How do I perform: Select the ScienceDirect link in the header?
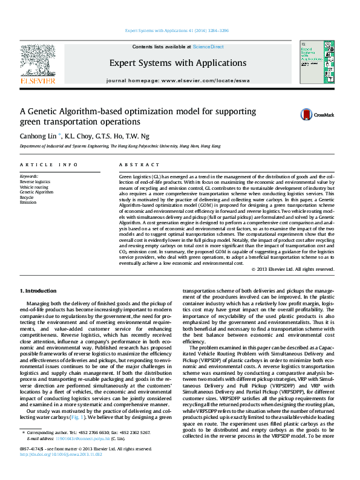point(208,47)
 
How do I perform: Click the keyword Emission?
point(28,202)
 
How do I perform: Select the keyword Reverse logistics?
point(35,181)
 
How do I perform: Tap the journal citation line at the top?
point(177,30)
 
